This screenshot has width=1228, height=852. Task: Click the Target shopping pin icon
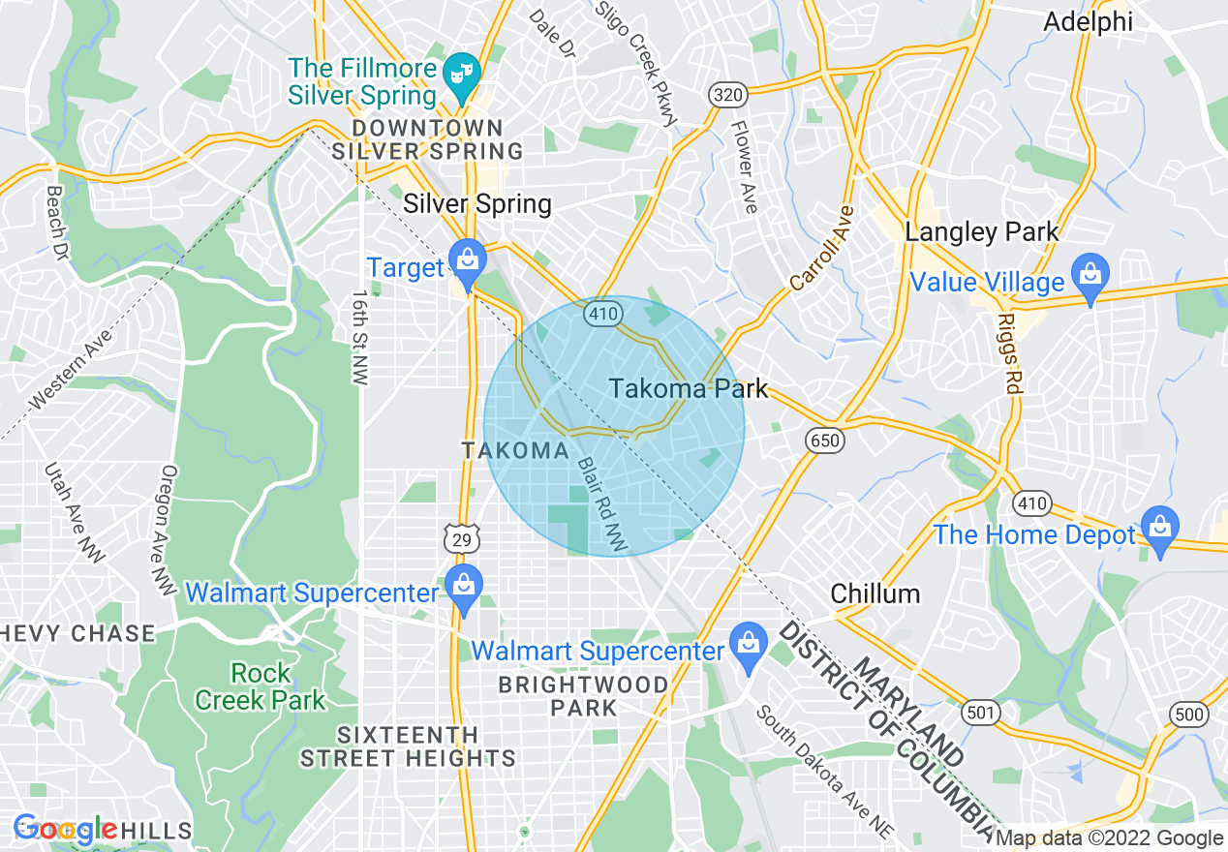pyautogui.click(x=467, y=261)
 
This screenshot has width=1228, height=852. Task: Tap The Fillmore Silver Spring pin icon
pyautogui.click(x=462, y=74)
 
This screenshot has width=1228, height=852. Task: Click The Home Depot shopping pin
pyautogui.click(x=1158, y=528)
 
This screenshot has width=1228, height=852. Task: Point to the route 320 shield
pyautogui.click(x=726, y=94)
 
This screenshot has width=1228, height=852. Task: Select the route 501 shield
pyautogui.click(x=981, y=714)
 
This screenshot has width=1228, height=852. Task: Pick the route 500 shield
pyautogui.click(x=1188, y=715)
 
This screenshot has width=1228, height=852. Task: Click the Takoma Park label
pyautogui.click(x=688, y=389)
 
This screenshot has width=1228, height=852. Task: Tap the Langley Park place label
pyautogui.click(x=981, y=232)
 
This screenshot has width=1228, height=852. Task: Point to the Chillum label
pyautogui.click(x=875, y=593)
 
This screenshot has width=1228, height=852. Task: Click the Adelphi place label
pyautogui.click(x=1088, y=22)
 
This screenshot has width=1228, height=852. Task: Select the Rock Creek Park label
pyautogui.click(x=261, y=685)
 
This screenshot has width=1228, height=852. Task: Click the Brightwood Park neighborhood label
pyautogui.click(x=583, y=696)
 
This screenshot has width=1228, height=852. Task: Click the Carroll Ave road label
pyautogui.click(x=822, y=248)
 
